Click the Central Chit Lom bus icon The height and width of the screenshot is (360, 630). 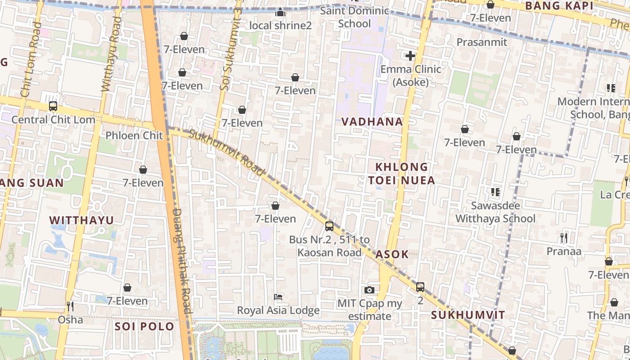click(x=53, y=107)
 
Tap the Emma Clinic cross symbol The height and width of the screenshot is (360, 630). click(x=410, y=56)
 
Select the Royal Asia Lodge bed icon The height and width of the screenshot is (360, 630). click(x=278, y=297)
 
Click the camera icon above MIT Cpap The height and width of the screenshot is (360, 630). click(x=369, y=290)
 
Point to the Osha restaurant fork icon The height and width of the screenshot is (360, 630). click(x=70, y=306)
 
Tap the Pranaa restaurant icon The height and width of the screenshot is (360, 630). click(x=563, y=238)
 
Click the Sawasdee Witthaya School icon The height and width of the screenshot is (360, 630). click(x=495, y=192)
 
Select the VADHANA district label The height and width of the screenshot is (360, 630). click(x=372, y=121)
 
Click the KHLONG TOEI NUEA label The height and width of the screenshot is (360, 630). click(x=402, y=174)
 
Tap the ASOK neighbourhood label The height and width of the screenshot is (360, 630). click(x=392, y=254)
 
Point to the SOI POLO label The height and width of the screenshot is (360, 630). click(x=144, y=326)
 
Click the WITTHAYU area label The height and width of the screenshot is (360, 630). click(x=81, y=220)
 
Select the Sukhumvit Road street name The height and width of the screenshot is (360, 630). click(x=226, y=152)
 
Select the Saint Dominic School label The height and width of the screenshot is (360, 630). click(x=354, y=17)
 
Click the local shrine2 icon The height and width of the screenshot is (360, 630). click(x=280, y=12)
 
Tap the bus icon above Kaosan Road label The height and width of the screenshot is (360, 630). click(x=329, y=226)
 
